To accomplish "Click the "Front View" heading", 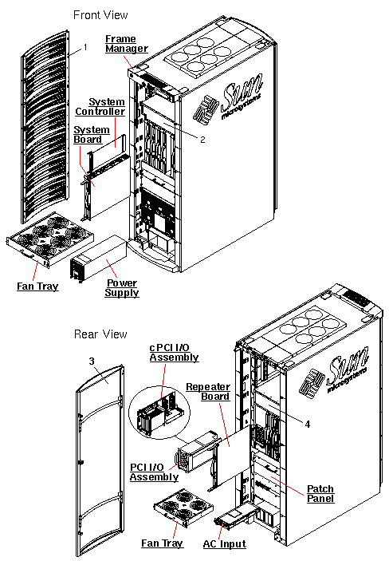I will [x=100, y=15].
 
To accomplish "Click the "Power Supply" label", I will [x=122, y=288].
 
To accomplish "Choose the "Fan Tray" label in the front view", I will [x=37, y=286].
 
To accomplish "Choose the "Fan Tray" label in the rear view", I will [x=162, y=543].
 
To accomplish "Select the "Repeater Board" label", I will [x=207, y=391].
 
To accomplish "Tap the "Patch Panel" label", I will [x=320, y=493].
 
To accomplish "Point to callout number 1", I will [x=84, y=48].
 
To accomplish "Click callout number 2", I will [x=203, y=139].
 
